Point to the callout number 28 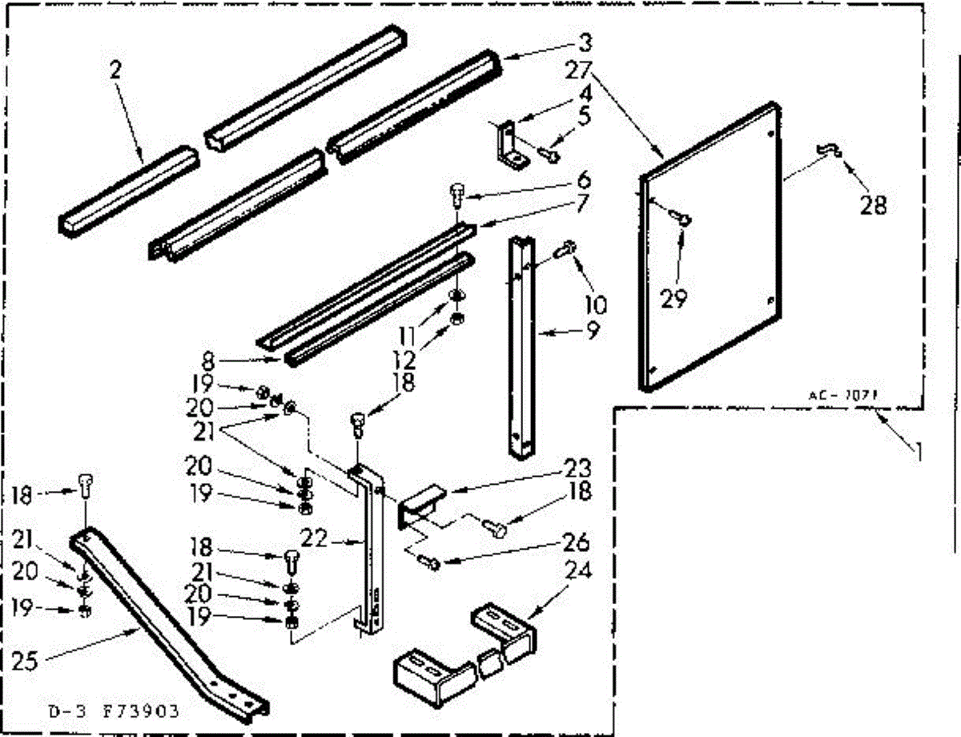tap(874, 205)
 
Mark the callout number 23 tap(576, 468)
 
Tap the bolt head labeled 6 tap(457, 192)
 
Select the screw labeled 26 tap(428, 562)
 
